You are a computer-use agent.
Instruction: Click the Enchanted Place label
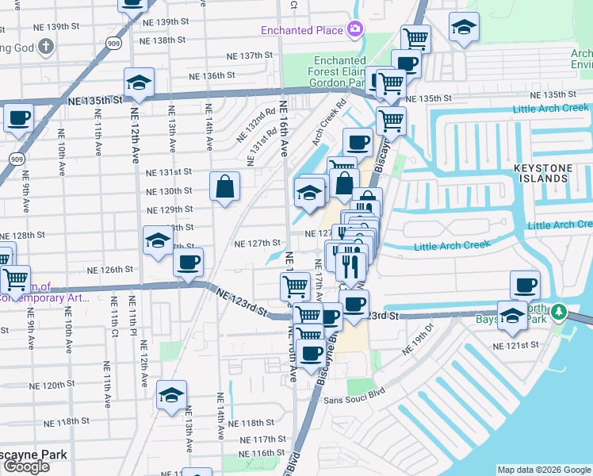[x=302, y=30]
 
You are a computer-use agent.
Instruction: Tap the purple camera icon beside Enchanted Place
[x=354, y=30]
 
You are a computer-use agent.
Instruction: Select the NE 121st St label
[x=515, y=346]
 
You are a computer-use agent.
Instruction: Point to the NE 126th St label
[x=110, y=270]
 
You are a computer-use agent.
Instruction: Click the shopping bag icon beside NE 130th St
[x=225, y=187]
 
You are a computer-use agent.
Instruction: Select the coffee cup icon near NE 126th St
[x=188, y=263]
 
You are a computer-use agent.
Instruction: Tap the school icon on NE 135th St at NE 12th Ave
[x=139, y=83]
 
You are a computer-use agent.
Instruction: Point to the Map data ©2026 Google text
[x=544, y=469]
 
